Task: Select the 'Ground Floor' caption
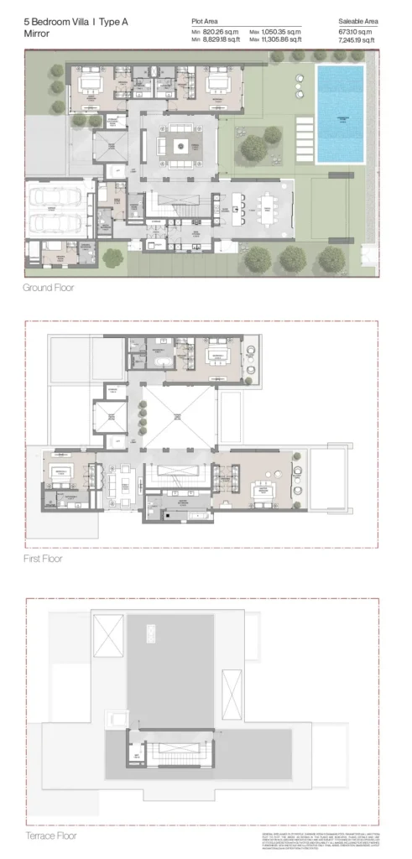[x=50, y=288]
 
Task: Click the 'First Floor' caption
[x=44, y=557]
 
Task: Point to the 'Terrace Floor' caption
[x=50, y=835]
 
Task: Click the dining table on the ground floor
[x=268, y=207]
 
